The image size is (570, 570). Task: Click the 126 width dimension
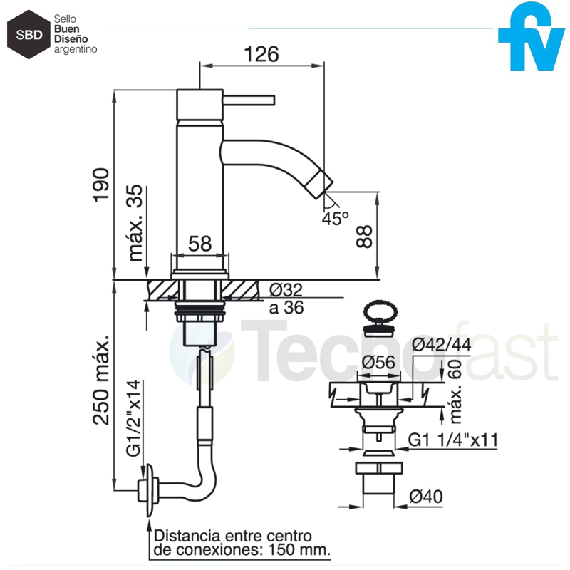[x=261, y=54]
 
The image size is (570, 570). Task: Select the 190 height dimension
[x=100, y=185]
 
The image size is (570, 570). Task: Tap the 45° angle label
[x=335, y=218]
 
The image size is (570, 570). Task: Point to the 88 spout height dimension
[x=364, y=237]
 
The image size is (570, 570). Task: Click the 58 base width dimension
[x=200, y=243]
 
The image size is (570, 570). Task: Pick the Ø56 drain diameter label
[x=378, y=362]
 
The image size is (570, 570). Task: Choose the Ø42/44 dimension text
[x=441, y=345]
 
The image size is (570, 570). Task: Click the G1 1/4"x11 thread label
[x=453, y=440]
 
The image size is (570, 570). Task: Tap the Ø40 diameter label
[x=426, y=496]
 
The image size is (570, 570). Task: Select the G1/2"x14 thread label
[x=133, y=418]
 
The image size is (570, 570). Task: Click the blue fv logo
[x=531, y=36]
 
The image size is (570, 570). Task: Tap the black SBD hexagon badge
[x=28, y=34]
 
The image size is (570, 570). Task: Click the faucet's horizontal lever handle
[x=249, y=100]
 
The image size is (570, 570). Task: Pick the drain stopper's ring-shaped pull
[x=380, y=312]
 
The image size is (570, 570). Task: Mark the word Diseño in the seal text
[x=71, y=39]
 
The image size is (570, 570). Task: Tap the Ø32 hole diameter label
[x=286, y=290]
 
